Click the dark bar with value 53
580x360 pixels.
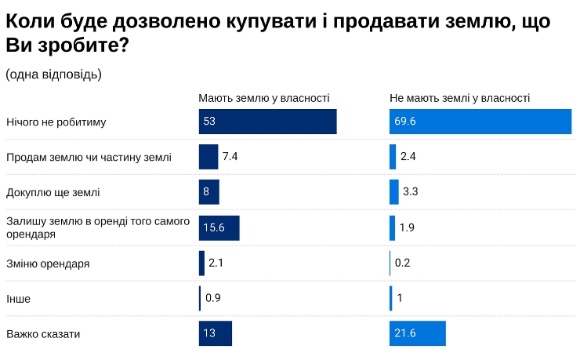click(x=267, y=122)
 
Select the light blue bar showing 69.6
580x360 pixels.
click(x=480, y=122)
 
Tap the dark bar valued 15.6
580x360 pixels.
click(x=219, y=227)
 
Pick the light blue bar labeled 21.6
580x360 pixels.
click(x=418, y=333)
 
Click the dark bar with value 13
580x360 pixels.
click(x=216, y=333)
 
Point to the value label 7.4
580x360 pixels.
click(x=230, y=157)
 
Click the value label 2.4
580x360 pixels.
click(x=408, y=157)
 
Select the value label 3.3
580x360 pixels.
click(x=410, y=192)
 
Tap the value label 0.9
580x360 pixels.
click(x=212, y=298)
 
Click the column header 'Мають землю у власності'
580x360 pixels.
click(x=263, y=98)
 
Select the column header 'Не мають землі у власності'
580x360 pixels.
click(x=460, y=98)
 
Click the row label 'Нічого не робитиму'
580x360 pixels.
click(x=56, y=122)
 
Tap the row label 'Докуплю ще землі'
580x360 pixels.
click(x=53, y=192)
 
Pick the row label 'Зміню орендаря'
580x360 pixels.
click(x=48, y=264)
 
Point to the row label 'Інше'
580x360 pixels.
click(x=19, y=299)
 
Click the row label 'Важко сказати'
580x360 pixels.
click(x=43, y=334)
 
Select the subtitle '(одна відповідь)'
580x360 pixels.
click(x=53, y=75)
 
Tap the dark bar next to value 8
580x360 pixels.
click(x=208, y=192)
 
